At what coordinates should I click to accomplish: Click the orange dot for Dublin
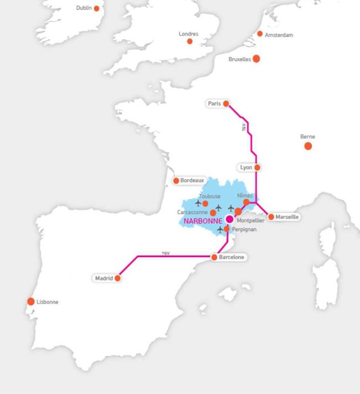click(97, 8)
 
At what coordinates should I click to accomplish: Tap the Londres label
click(188, 34)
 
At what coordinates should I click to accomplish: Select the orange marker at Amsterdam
click(260, 34)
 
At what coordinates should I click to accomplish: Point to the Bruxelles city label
click(240, 59)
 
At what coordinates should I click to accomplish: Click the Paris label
click(214, 103)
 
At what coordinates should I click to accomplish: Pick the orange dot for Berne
click(308, 146)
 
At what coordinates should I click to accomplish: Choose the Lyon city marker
click(257, 167)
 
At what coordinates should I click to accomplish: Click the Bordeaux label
click(192, 180)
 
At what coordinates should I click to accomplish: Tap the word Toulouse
click(209, 196)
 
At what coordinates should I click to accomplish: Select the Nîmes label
click(244, 196)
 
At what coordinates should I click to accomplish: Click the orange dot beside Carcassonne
click(213, 212)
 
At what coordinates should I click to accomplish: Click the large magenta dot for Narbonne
click(229, 219)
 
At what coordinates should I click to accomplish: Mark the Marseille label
click(287, 217)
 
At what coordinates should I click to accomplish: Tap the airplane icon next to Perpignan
click(221, 229)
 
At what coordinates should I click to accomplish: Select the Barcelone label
click(232, 257)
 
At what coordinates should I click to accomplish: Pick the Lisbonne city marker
click(31, 302)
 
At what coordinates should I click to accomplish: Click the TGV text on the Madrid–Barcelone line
click(165, 253)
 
